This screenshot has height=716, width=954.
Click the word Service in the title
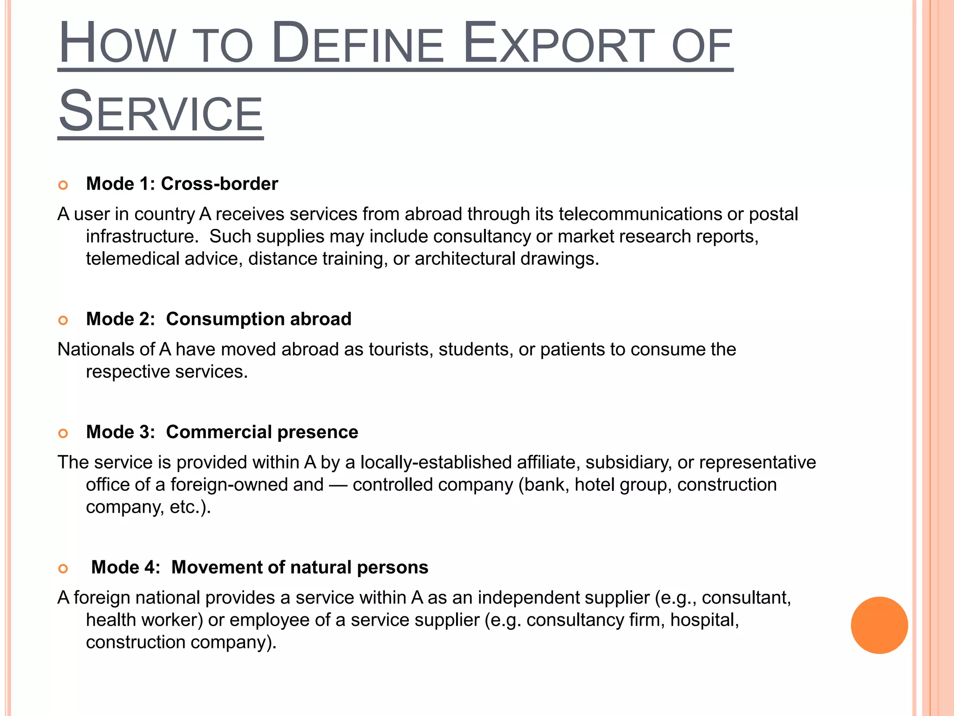(x=161, y=112)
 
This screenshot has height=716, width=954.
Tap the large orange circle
(x=879, y=625)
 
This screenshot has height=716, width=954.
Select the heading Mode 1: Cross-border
(x=182, y=184)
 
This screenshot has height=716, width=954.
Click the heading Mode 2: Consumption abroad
(x=218, y=319)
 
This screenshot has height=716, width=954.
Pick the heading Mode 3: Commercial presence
(x=222, y=432)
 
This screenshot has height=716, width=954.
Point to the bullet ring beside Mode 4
(x=63, y=568)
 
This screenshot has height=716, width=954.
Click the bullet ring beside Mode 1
(x=63, y=185)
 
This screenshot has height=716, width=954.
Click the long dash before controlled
(x=338, y=485)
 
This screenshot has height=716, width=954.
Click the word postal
(x=773, y=214)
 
